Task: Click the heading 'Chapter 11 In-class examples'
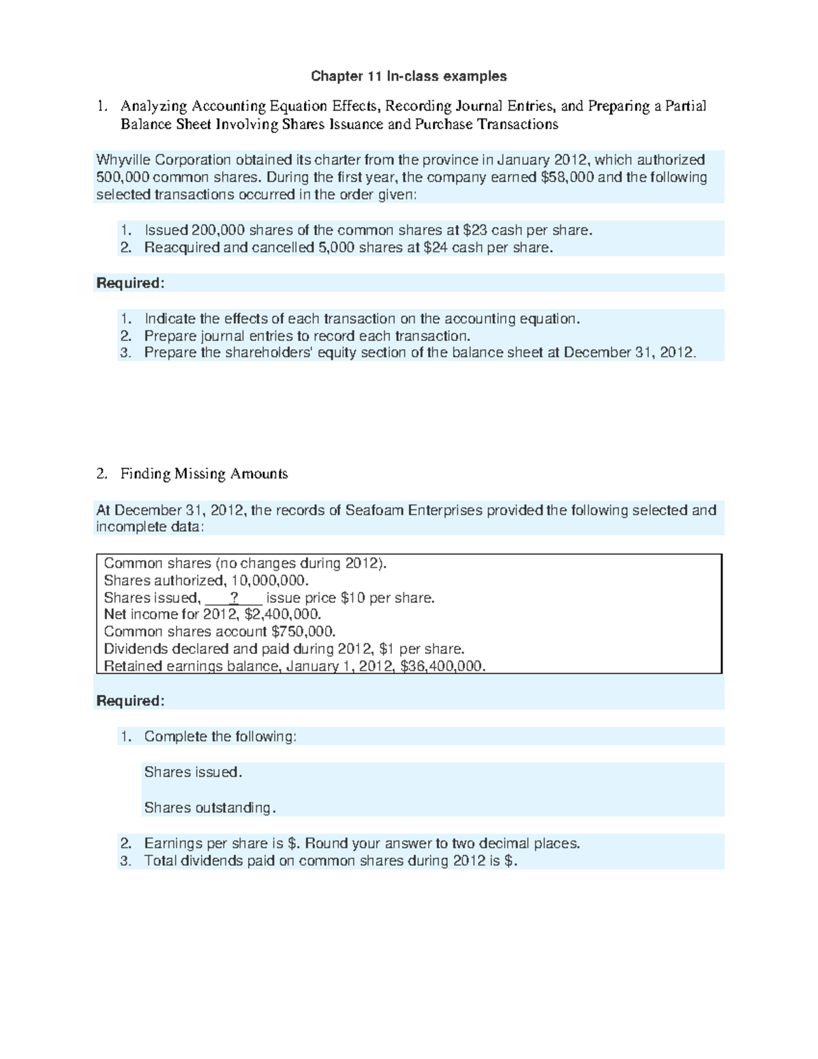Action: pos(409,76)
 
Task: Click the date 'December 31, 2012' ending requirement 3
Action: pos(628,353)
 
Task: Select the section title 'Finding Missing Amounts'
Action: pos(204,474)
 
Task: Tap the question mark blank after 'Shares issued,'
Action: pos(234,598)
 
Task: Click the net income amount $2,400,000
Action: pos(282,614)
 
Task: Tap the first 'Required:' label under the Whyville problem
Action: pos(130,283)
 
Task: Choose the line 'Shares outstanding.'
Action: pos(210,808)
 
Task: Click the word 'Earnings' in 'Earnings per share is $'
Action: pos(173,844)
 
